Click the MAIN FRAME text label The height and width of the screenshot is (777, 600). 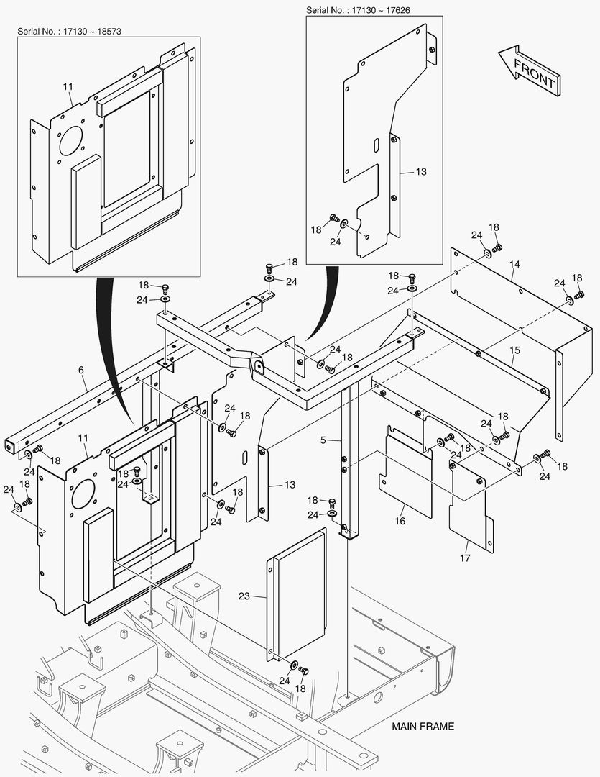coord(423,726)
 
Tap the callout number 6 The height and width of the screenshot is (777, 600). coord(81,370)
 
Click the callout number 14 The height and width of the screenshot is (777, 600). coord(514,265)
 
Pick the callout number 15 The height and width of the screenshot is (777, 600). coord(514,350)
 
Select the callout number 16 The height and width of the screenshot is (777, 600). coord(400,519)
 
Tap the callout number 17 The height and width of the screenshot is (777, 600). coord(465,558)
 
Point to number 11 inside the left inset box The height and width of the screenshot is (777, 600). coord(68,87)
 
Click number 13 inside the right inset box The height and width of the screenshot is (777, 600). coord(421,172)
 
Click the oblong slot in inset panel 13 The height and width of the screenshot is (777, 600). coord(375,146)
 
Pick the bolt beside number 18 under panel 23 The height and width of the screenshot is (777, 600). coord(303,671)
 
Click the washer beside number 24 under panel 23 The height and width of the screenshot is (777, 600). coord(295,663)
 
